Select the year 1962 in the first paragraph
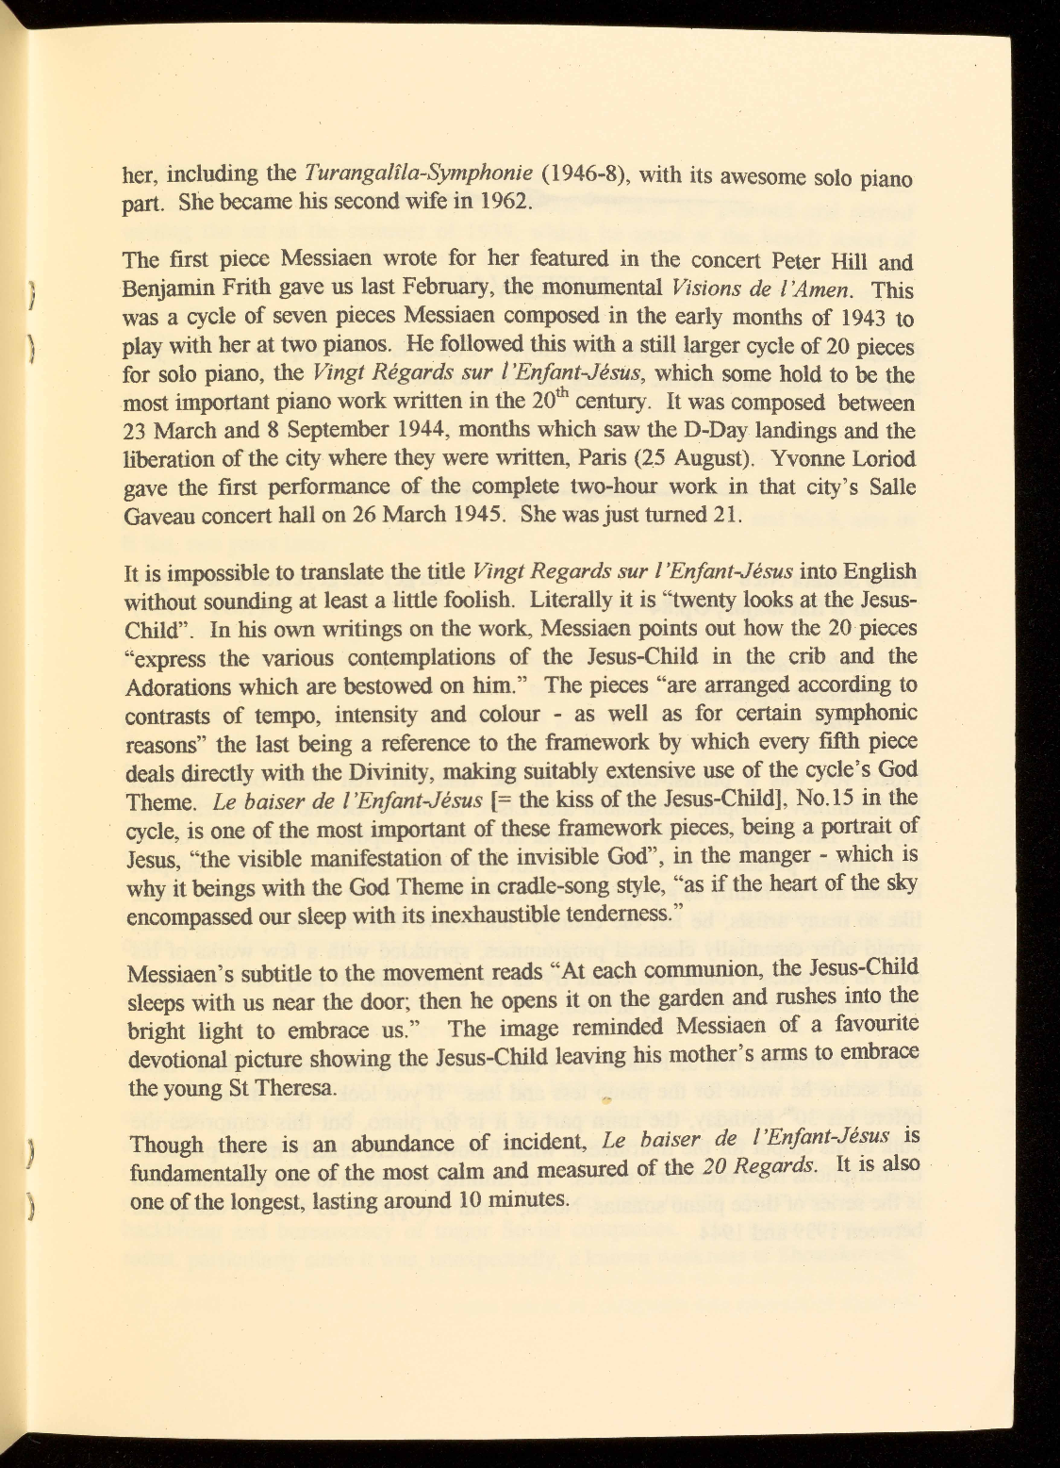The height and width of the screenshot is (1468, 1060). tap(505, 202)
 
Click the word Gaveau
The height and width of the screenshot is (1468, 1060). tap(156, 517)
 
